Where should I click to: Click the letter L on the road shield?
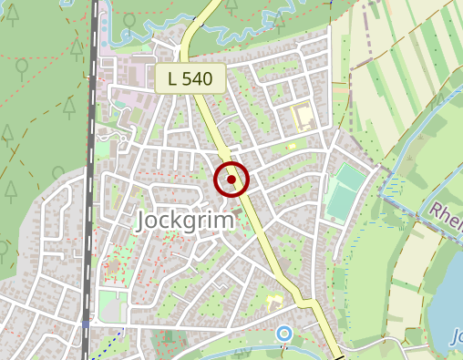point(172,79)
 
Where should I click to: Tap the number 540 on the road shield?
point(198,79)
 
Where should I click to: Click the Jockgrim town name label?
point(185,221)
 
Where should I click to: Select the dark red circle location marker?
point(231,180)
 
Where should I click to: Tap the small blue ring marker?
point(284,334)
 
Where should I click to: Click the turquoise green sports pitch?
point(345,192)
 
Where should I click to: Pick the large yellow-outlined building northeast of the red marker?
point(302,117)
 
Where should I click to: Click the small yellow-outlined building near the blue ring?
point(273,300)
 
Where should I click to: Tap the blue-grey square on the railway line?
point(86,324)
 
